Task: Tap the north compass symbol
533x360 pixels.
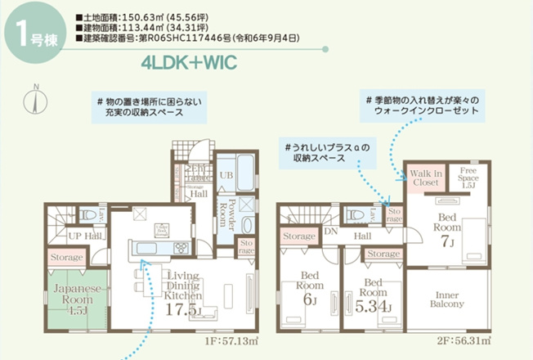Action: pyautogui.click(x=36, y=99)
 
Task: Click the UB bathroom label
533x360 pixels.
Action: pyautogui.click(x=226, y=175)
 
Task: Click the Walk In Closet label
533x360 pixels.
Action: pyautogui.click(x=426, y=178)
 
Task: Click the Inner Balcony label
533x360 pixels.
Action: pyautogui.click(x=446, y=298)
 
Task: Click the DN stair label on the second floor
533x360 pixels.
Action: pyautogui.click(x=331, y=232)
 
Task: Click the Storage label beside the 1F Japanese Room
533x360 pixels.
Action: pyautogui.click(x=66, y=258)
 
